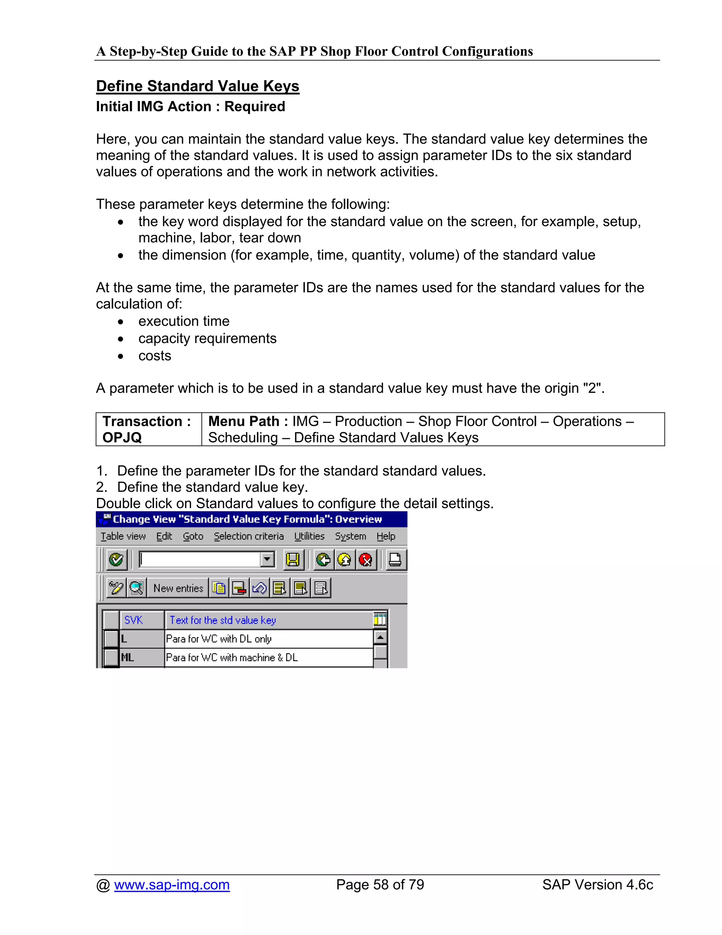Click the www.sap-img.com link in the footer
click(172, 885)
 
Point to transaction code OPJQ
click(122, 438)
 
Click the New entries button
click(178, 588)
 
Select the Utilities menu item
click(309, 536)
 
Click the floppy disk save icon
click(293, 560)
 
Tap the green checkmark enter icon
click(116, 560)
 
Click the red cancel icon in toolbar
click(366, 560)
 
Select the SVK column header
click(134, 620)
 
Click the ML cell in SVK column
click(128, 658)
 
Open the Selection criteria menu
click(249, 536)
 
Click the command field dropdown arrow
click(267, 560)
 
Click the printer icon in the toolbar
click(395, 560)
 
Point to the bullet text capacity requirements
click(207, 339)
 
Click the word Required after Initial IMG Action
click(255, 107)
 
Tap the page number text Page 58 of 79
click(380, 885)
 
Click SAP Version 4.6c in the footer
click(597, 885)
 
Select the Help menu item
click(385, 536)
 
